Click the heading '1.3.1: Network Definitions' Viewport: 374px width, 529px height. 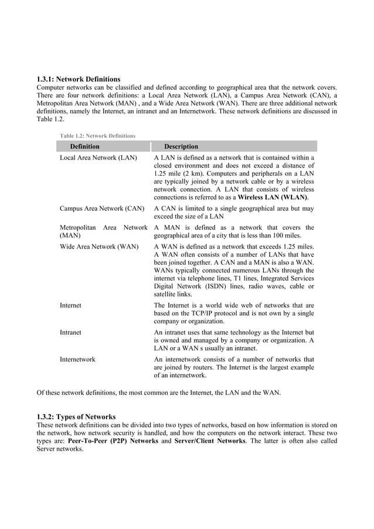(x=79, y=79)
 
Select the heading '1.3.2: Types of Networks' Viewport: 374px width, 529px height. (x=76, y=417)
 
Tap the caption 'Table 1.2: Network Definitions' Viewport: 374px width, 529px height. (x=97, y=136)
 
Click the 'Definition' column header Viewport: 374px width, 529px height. (x=84, y=146)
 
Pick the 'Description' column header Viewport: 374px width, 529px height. (x=181, y=146)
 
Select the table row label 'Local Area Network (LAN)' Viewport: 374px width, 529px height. (x=98, y=158)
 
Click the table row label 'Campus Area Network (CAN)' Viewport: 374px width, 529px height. (x=101, y=208)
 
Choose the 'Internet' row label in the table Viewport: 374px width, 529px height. (x=70, y=305)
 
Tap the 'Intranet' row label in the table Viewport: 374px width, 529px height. (x=70, y=332)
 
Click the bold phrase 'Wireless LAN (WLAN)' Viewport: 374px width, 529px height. (x=272, y=199)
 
